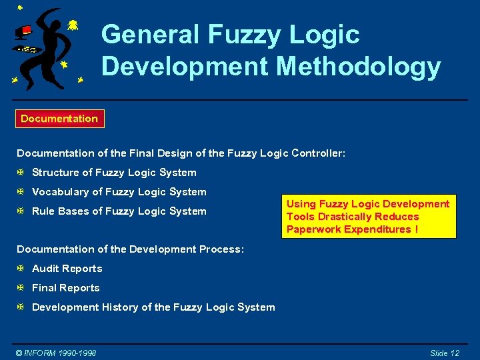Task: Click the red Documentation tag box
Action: tap(59, 119)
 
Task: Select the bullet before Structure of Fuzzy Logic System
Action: tap(21, 173)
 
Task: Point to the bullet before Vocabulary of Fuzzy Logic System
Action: tap(21, 192)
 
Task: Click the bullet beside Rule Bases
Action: tap(21, 211)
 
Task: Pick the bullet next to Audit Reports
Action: tap(21, 269)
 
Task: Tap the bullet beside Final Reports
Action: tap(21, 288)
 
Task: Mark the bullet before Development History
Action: tap(21, 307)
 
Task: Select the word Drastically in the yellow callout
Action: tap(364, 217)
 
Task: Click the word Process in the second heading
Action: tap(221, 249)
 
